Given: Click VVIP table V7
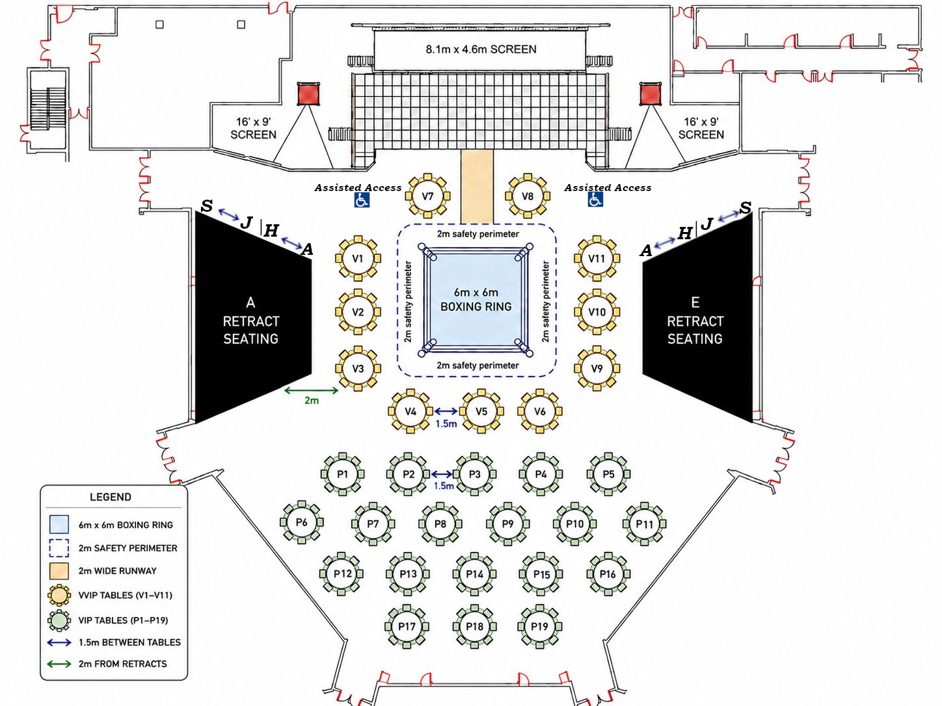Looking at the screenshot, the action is (x=427, y=196).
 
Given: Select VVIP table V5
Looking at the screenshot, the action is (x=481, y=412).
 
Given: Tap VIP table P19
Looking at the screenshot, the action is (x=539, y=627).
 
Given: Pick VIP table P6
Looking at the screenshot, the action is (x=301, y=522).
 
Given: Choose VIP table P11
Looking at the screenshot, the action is (x=644, y=524).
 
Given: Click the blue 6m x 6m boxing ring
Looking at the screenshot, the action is (x=476, y=300).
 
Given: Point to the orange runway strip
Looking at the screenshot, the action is (x=478, y=187).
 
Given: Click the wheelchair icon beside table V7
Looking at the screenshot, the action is (x=362, y=200).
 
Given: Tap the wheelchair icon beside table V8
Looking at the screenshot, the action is (x=595, y=200).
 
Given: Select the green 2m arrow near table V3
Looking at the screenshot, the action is (x=311, y=390).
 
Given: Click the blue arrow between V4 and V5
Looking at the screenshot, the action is (x=446, y=412).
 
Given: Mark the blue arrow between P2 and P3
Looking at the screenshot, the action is (x=442, y=474).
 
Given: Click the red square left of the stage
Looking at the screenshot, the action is (x=308, y=94).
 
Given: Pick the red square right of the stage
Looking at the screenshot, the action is (x=651, y=94).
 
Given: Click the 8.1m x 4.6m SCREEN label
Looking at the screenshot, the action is (x=481, y=49).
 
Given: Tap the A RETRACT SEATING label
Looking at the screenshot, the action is (x=250, y=320).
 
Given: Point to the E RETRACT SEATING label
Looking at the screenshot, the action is (x=695, y=320).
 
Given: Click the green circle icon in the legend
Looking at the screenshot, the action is (x=59, y=620).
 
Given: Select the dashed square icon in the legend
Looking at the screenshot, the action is (x=59, y=548).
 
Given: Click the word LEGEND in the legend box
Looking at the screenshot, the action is (x=111, y=497).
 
